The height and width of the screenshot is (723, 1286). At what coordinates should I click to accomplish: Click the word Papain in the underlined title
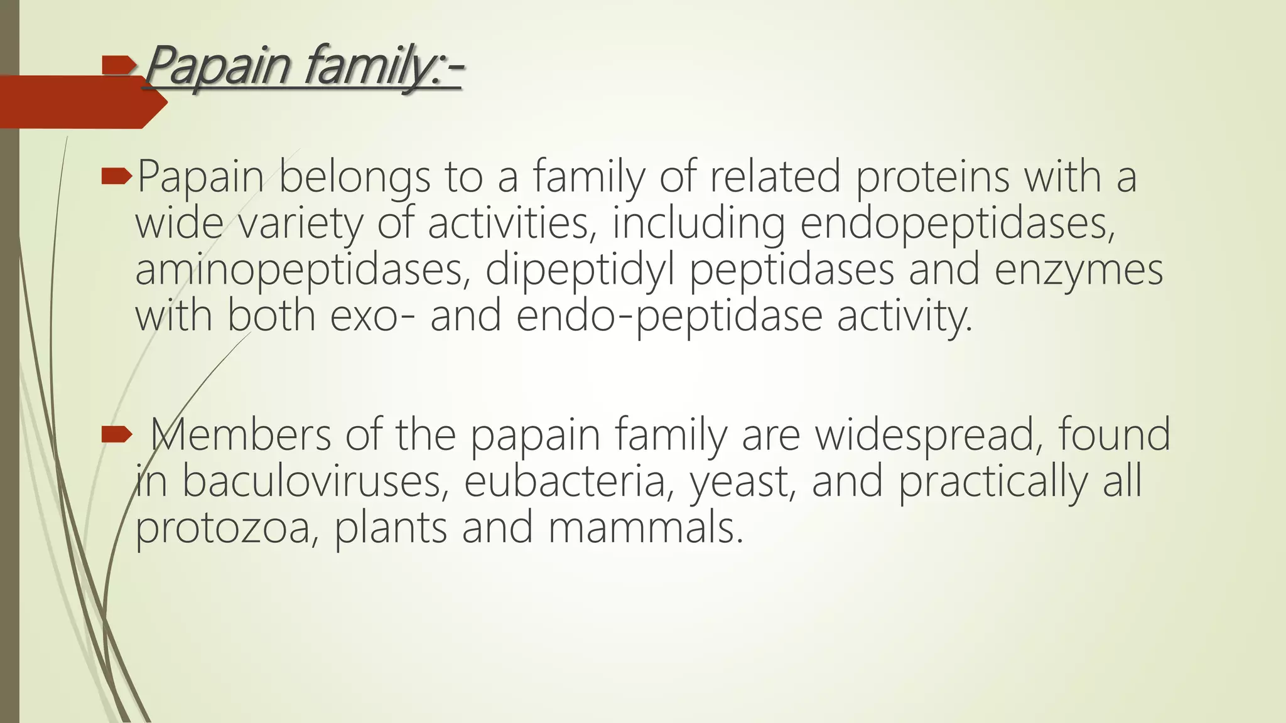pyautogui.click(x=217, y=66)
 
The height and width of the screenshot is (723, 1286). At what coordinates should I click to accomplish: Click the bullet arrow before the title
pyautogui.click(x=119, y=64)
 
